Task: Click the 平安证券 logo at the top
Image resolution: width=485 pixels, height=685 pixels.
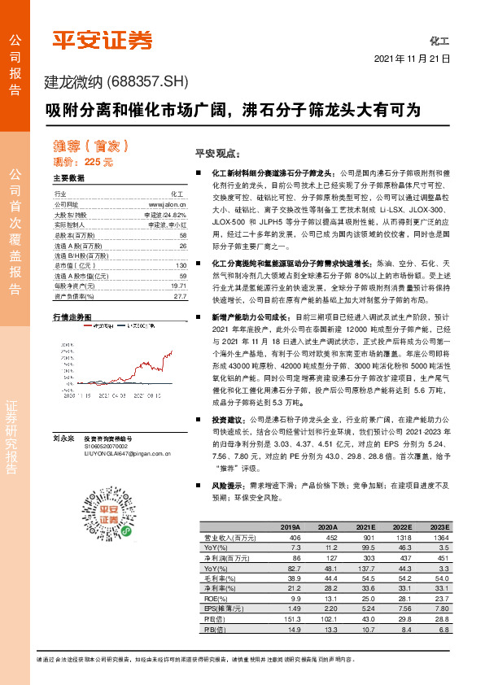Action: coord(102,39)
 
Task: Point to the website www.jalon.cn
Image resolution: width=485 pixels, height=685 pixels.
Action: coord(168,204)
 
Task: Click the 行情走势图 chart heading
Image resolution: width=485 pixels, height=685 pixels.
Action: coord(72,315)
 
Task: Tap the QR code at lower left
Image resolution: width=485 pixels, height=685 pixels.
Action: coord(98,500)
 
